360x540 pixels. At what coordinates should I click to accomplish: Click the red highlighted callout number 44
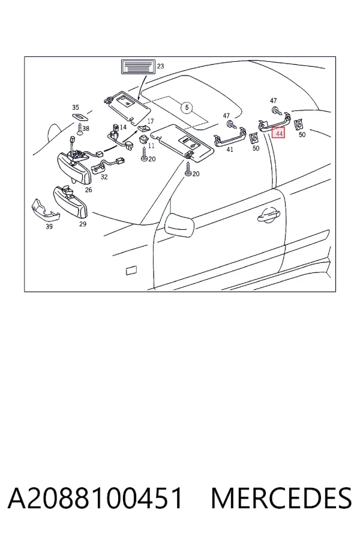[x=278, y=133]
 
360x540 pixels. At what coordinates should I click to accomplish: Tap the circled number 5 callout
[x=187, y=108]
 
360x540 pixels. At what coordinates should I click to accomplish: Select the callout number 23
[x=161, y=66]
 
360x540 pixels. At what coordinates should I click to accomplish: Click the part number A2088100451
[x=95, y=498]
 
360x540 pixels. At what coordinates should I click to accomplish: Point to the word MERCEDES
[x=281, y=498]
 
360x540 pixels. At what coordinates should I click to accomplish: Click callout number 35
[x=76, y=107]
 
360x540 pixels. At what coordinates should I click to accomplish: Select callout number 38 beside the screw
[x=86, y=128]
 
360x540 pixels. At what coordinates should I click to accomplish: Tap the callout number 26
[x=89, y=190]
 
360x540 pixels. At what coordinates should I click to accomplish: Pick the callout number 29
[x=83, y=224]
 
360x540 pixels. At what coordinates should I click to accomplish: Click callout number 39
[x=49, y=226]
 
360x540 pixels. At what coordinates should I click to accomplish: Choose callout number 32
[x=104, y=177]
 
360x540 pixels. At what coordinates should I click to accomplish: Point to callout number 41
[x=230, y=149]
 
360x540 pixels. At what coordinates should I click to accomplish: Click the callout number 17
[x=151, y=121]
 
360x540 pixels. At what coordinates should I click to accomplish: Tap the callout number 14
[x=123, y=127]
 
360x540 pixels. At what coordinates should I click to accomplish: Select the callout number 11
[x=151, y=146]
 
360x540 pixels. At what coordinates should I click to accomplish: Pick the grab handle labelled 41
[x=230, y=139]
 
